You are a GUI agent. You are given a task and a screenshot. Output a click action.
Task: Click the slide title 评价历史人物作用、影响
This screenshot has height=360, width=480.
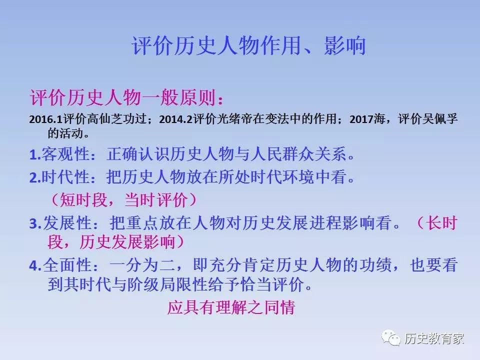248,46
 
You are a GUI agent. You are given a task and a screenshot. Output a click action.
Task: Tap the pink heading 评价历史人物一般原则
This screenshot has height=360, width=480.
122,98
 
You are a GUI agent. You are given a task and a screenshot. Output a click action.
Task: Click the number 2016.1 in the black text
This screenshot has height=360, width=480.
46,119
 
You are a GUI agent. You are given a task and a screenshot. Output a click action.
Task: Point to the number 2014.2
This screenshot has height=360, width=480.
175,119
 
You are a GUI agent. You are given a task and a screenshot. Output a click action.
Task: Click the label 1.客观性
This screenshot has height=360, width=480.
59,154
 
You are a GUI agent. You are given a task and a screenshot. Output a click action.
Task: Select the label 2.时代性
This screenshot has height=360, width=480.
59,177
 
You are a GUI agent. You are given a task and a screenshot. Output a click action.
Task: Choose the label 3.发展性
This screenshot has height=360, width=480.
60,223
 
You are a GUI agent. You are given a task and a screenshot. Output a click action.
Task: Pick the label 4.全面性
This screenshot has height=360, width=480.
60,265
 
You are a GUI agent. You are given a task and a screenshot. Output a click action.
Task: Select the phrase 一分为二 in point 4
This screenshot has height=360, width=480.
141,265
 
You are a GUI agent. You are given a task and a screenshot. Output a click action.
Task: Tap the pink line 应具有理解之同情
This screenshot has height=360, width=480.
231,307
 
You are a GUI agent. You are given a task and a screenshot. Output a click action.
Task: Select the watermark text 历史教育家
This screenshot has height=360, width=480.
434,339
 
